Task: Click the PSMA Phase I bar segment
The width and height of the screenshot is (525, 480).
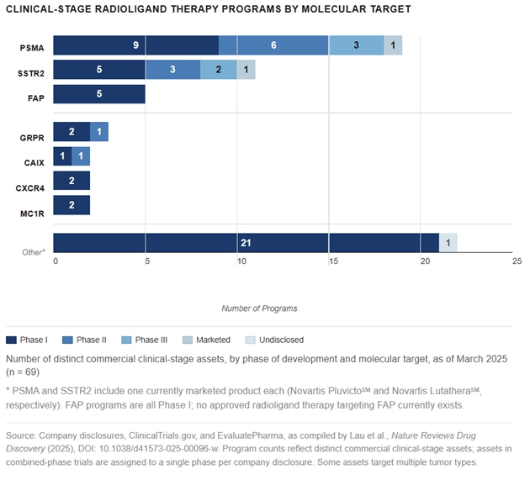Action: click(x=135, y=45)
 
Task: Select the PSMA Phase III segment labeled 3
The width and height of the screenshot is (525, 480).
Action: click(x=356, y=45)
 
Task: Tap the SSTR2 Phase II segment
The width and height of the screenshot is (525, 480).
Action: click(x=172, y=70)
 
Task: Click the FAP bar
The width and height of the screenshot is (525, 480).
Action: click(x=99, y=94)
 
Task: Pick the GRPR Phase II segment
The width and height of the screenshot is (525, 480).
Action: click(x=99, y=132)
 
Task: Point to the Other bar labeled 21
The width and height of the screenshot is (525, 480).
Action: click(x=246, y=243)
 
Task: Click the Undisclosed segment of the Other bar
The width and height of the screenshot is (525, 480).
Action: click(x=448, y=243)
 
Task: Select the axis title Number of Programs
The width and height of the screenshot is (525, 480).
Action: click(x=259, y=309)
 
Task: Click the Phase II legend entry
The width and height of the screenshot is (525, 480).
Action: click(x=90, y=340)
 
